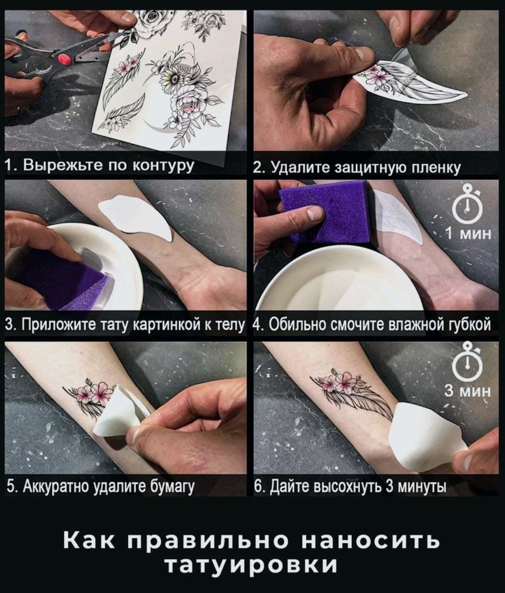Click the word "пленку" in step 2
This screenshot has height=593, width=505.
[x=437, y=167]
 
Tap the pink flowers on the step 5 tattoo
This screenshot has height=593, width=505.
[x=92, y=391]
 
